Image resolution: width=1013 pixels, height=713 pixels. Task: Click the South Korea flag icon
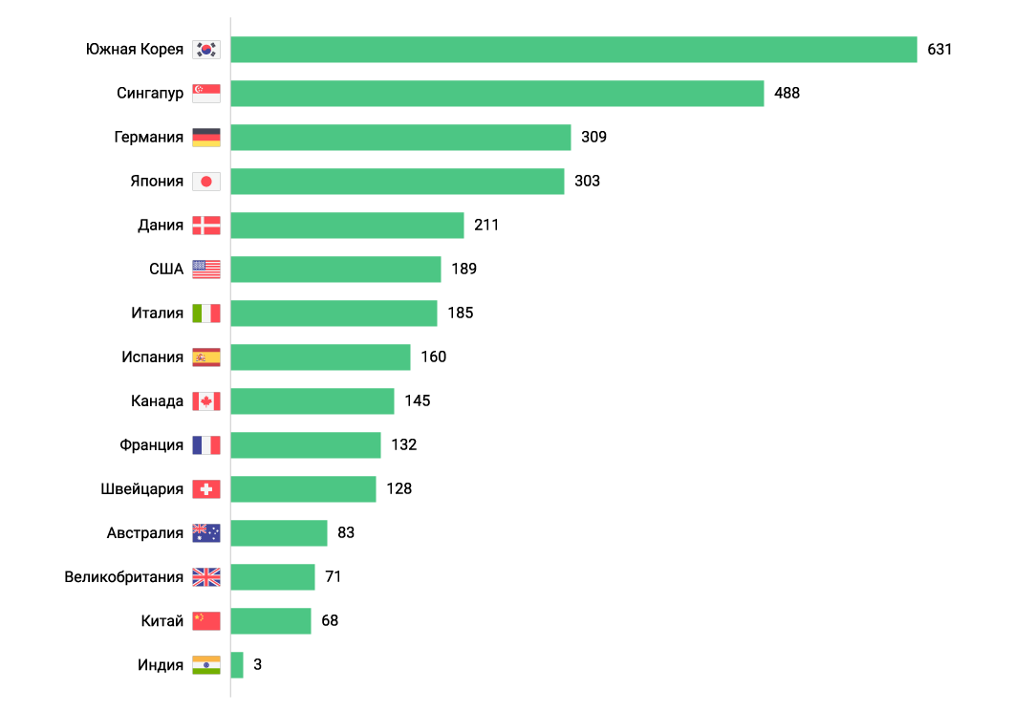(205, 50)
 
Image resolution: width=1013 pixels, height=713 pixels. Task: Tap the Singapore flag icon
(205, 94)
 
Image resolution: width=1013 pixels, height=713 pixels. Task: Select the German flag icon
(205, 138)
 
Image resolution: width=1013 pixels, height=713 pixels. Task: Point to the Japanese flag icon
(205, 182)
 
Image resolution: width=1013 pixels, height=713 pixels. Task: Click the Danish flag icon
(205, 226)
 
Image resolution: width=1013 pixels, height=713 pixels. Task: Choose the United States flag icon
(205, 270)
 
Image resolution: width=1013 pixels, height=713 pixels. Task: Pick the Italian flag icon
(205, 313)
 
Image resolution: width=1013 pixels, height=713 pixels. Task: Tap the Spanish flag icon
(205, 357)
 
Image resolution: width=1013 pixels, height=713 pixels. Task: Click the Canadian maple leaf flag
(205, 401)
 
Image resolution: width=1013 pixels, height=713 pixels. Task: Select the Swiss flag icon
(205, 489)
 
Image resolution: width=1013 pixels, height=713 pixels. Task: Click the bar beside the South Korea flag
(573, 50)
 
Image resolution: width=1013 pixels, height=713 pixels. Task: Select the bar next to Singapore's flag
(497, 94)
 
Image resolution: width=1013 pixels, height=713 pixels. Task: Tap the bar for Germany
(400, 138)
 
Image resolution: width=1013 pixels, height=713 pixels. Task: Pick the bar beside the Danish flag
(347, 226)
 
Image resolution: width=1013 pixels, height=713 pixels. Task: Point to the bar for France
(306, 445)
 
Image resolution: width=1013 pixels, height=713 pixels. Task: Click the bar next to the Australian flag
(279, 533)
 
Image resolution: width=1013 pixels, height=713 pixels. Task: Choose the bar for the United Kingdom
(272, 577)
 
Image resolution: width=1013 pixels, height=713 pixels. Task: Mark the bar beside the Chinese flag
(270, 621)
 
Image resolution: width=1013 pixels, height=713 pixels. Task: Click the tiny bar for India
(237, 665)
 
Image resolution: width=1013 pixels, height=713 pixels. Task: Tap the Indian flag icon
(205, 665)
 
